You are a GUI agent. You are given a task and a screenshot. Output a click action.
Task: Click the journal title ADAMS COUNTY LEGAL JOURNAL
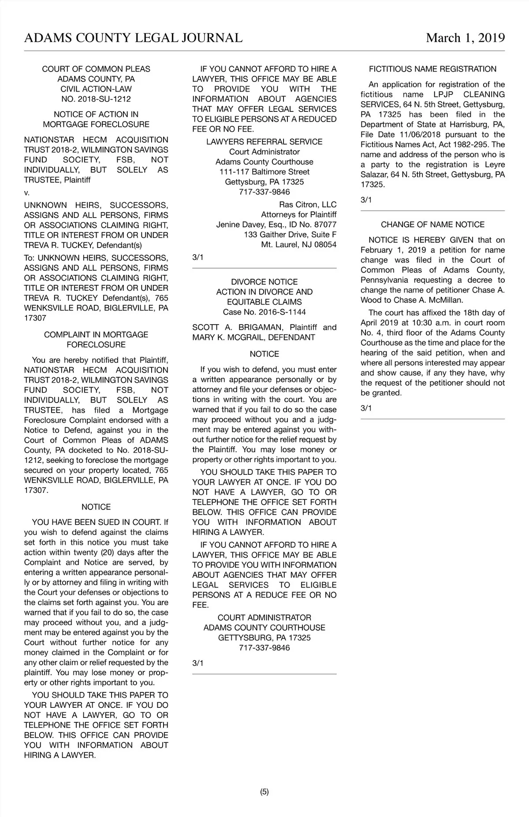point(133,38)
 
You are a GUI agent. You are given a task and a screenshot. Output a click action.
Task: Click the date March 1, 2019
point(465,38)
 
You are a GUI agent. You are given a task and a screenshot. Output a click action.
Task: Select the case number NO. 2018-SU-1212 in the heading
point(96,99)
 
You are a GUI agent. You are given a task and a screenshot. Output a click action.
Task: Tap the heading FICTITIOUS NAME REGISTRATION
point(432,69)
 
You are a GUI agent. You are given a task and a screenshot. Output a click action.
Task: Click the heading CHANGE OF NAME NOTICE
point(432,225)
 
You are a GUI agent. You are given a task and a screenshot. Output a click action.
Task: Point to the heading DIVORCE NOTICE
point(264,282)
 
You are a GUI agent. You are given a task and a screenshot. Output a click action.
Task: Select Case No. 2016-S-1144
point(264,312)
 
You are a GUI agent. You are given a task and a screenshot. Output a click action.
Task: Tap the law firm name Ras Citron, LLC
point(307,205)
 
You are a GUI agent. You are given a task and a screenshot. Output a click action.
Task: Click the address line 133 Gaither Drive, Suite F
point(290,235)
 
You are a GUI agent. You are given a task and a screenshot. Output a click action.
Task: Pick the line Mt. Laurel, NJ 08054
point(298,245)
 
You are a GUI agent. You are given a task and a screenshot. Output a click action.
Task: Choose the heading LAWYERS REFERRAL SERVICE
point(264,142)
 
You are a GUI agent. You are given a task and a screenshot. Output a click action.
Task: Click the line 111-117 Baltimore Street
point(264,172)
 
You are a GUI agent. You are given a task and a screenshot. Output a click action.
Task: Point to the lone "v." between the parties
point(27,193)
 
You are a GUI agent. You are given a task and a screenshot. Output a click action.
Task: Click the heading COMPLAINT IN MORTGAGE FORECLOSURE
point(96,340)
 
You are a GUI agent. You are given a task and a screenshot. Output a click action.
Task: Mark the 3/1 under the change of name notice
point(366,408)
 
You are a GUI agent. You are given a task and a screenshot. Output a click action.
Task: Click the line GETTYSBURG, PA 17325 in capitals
point(264,638)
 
